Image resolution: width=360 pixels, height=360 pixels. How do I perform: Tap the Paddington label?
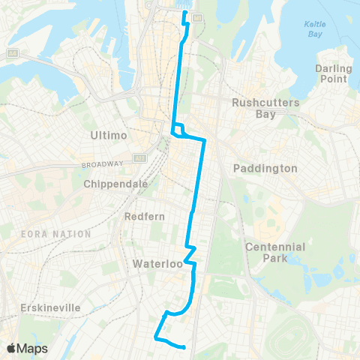[265, 169]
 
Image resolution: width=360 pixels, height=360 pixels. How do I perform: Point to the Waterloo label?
[153, 264]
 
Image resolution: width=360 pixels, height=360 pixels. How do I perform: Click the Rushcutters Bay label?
[265, 108]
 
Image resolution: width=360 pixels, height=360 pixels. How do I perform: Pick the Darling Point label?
[334, 73]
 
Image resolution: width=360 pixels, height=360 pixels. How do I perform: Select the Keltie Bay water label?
[315, 29]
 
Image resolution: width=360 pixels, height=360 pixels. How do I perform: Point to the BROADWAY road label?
[103, 164]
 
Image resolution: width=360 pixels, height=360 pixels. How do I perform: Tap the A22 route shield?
[140, 158]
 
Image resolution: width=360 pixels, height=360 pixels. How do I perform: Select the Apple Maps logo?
[26, 348]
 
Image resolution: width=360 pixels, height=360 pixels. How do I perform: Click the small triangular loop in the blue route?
[178, 130]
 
